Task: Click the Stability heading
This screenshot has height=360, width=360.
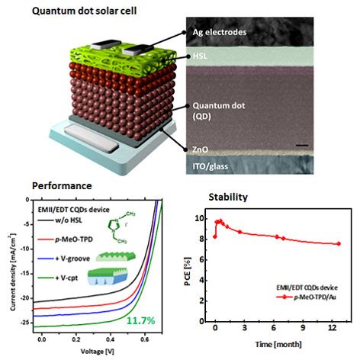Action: pos(228,198)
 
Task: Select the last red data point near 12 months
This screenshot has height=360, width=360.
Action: pos(338,244)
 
